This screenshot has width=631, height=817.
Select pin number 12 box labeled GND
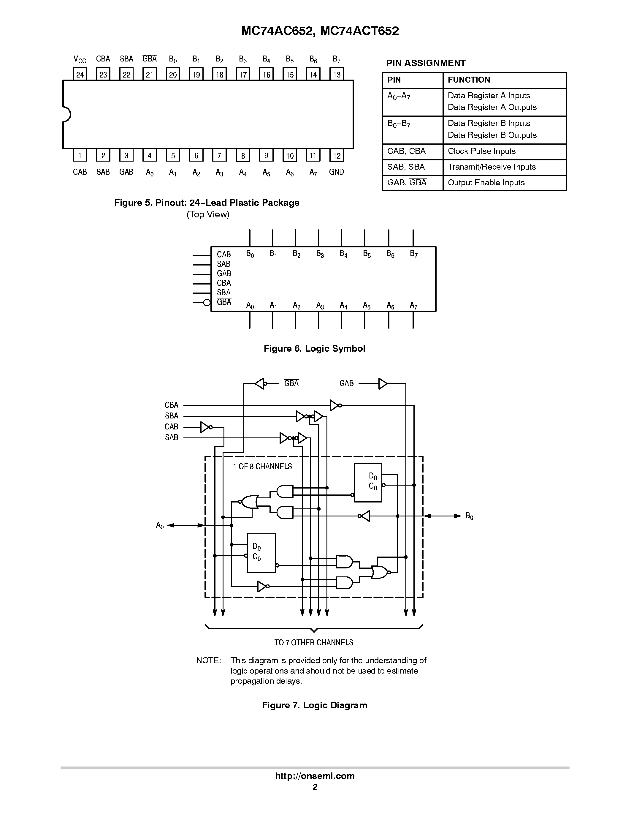(337, 156)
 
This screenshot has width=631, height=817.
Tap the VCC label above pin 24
(80, 59)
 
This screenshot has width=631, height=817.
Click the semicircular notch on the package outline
(66, 114)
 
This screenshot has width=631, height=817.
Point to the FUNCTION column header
(469, 80)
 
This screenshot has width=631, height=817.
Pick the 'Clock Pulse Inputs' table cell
(481, 151)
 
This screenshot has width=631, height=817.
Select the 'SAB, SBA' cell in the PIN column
(406, 167)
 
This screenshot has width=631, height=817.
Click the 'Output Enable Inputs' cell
(486, 183)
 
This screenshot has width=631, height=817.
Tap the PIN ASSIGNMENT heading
(426, 63)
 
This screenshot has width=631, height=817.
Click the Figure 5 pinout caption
(207, 203)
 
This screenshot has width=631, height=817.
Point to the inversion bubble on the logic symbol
(207, 303)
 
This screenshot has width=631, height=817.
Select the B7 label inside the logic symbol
(413, 254)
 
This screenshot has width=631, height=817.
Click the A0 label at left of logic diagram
(160, 526)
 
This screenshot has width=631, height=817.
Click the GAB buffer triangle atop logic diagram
(382, 383)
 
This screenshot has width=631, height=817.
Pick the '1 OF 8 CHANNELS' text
(262, 467)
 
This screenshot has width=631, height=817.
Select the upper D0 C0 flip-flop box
(368, 482)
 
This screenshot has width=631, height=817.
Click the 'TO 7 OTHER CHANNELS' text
(314, 642)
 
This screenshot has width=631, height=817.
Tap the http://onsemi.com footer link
(315, 776)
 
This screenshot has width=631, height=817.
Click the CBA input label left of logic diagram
(172, 405)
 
